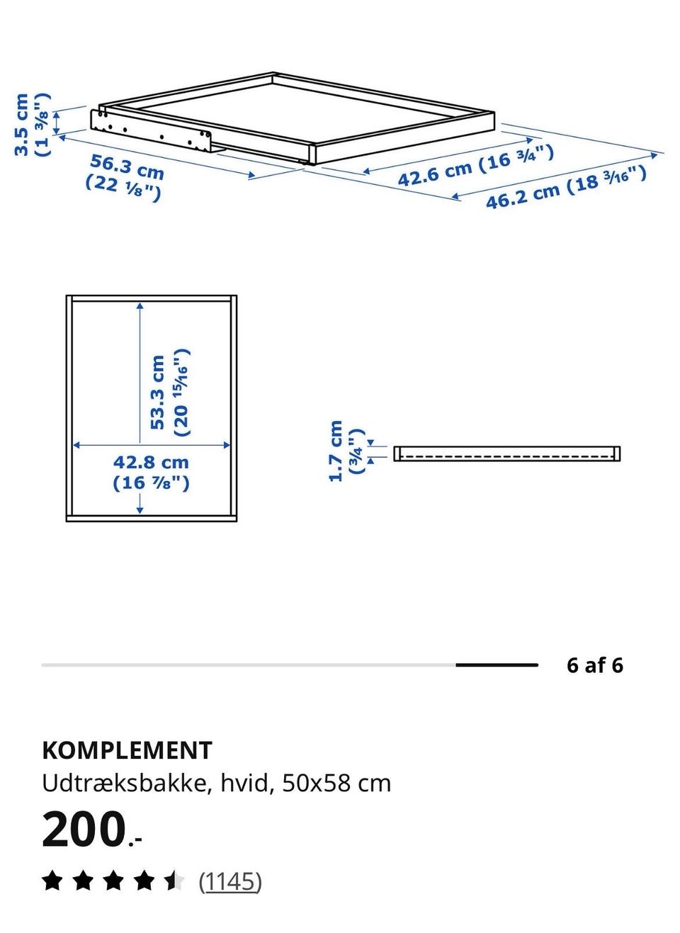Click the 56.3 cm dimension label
127,166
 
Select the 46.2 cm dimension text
523,196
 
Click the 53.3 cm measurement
157,392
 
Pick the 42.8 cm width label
151,463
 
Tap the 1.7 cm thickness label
335,451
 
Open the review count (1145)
230,881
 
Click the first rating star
52,881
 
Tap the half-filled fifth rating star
174,881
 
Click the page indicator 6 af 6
594,665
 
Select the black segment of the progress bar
497,665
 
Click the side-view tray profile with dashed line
506,453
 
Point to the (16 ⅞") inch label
151,483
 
